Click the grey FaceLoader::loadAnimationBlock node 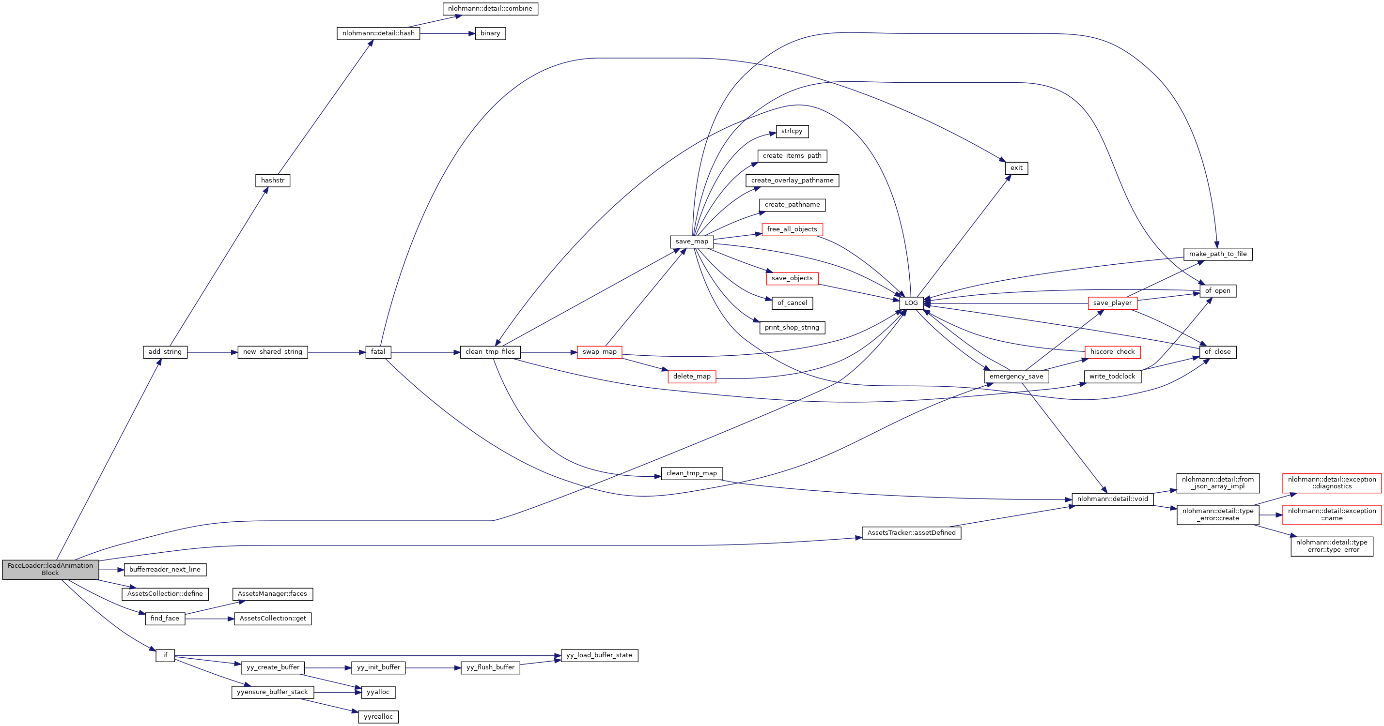coord(50,569)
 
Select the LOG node coord(911,303)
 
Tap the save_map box coord(691,242)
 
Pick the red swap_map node coord(600,352)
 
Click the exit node coord(1016,168)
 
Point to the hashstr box coord(272,181)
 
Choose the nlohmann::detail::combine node coord(490,9)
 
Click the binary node coord(490,33)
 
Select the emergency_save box coord(1016,377)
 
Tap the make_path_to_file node coord(1217,254)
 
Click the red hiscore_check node coord(1112,352)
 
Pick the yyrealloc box coord(378,717)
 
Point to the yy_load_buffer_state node coord(599,655)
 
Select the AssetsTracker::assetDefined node coord(911,533)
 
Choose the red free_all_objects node coord(792,229)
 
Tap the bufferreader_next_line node coord(165,569)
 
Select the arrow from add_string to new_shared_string coord(212,352)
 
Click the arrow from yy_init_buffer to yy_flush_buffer coord(433,668)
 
